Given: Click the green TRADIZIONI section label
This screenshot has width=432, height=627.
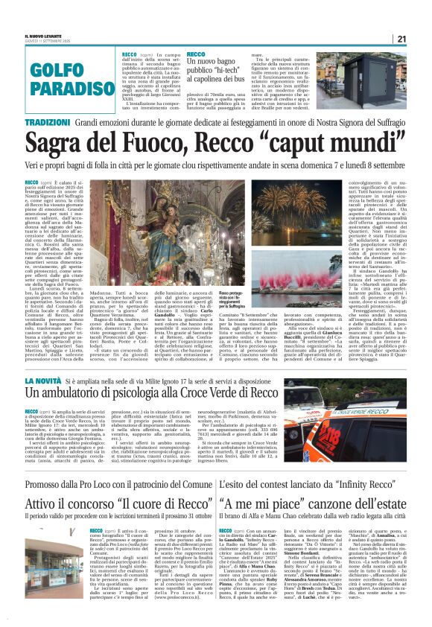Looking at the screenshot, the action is click(47, 121).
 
